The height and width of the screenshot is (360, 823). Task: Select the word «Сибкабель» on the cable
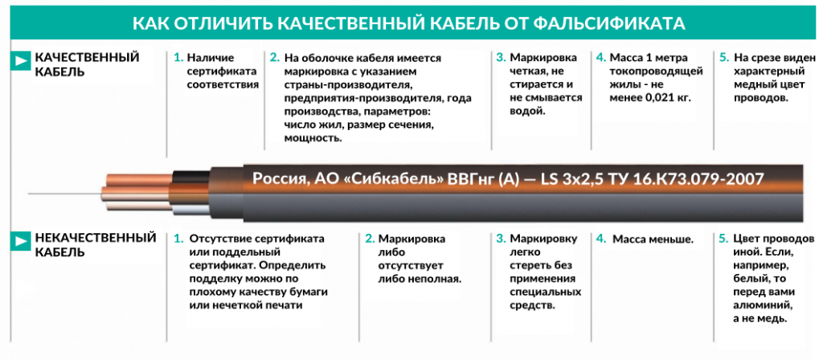tap(390, 178)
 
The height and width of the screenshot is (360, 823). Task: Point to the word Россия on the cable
tap(277, 178)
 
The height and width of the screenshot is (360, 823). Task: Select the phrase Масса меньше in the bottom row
tap(653, 239)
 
